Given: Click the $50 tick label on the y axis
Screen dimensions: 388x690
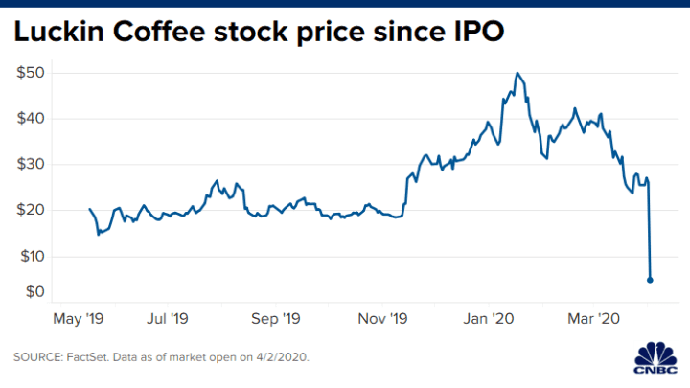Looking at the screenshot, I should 33,73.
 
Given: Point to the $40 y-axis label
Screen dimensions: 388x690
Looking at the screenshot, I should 33,119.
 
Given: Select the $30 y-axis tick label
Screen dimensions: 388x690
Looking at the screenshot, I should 33,165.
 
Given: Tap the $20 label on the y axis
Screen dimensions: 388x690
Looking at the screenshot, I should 33,211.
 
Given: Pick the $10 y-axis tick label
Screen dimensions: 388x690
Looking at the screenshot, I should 33,257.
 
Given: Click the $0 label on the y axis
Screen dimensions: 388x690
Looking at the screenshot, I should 35,290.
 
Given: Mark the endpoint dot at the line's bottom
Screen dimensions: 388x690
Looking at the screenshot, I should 651,280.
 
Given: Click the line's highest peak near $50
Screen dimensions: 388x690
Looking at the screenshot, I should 517,73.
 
